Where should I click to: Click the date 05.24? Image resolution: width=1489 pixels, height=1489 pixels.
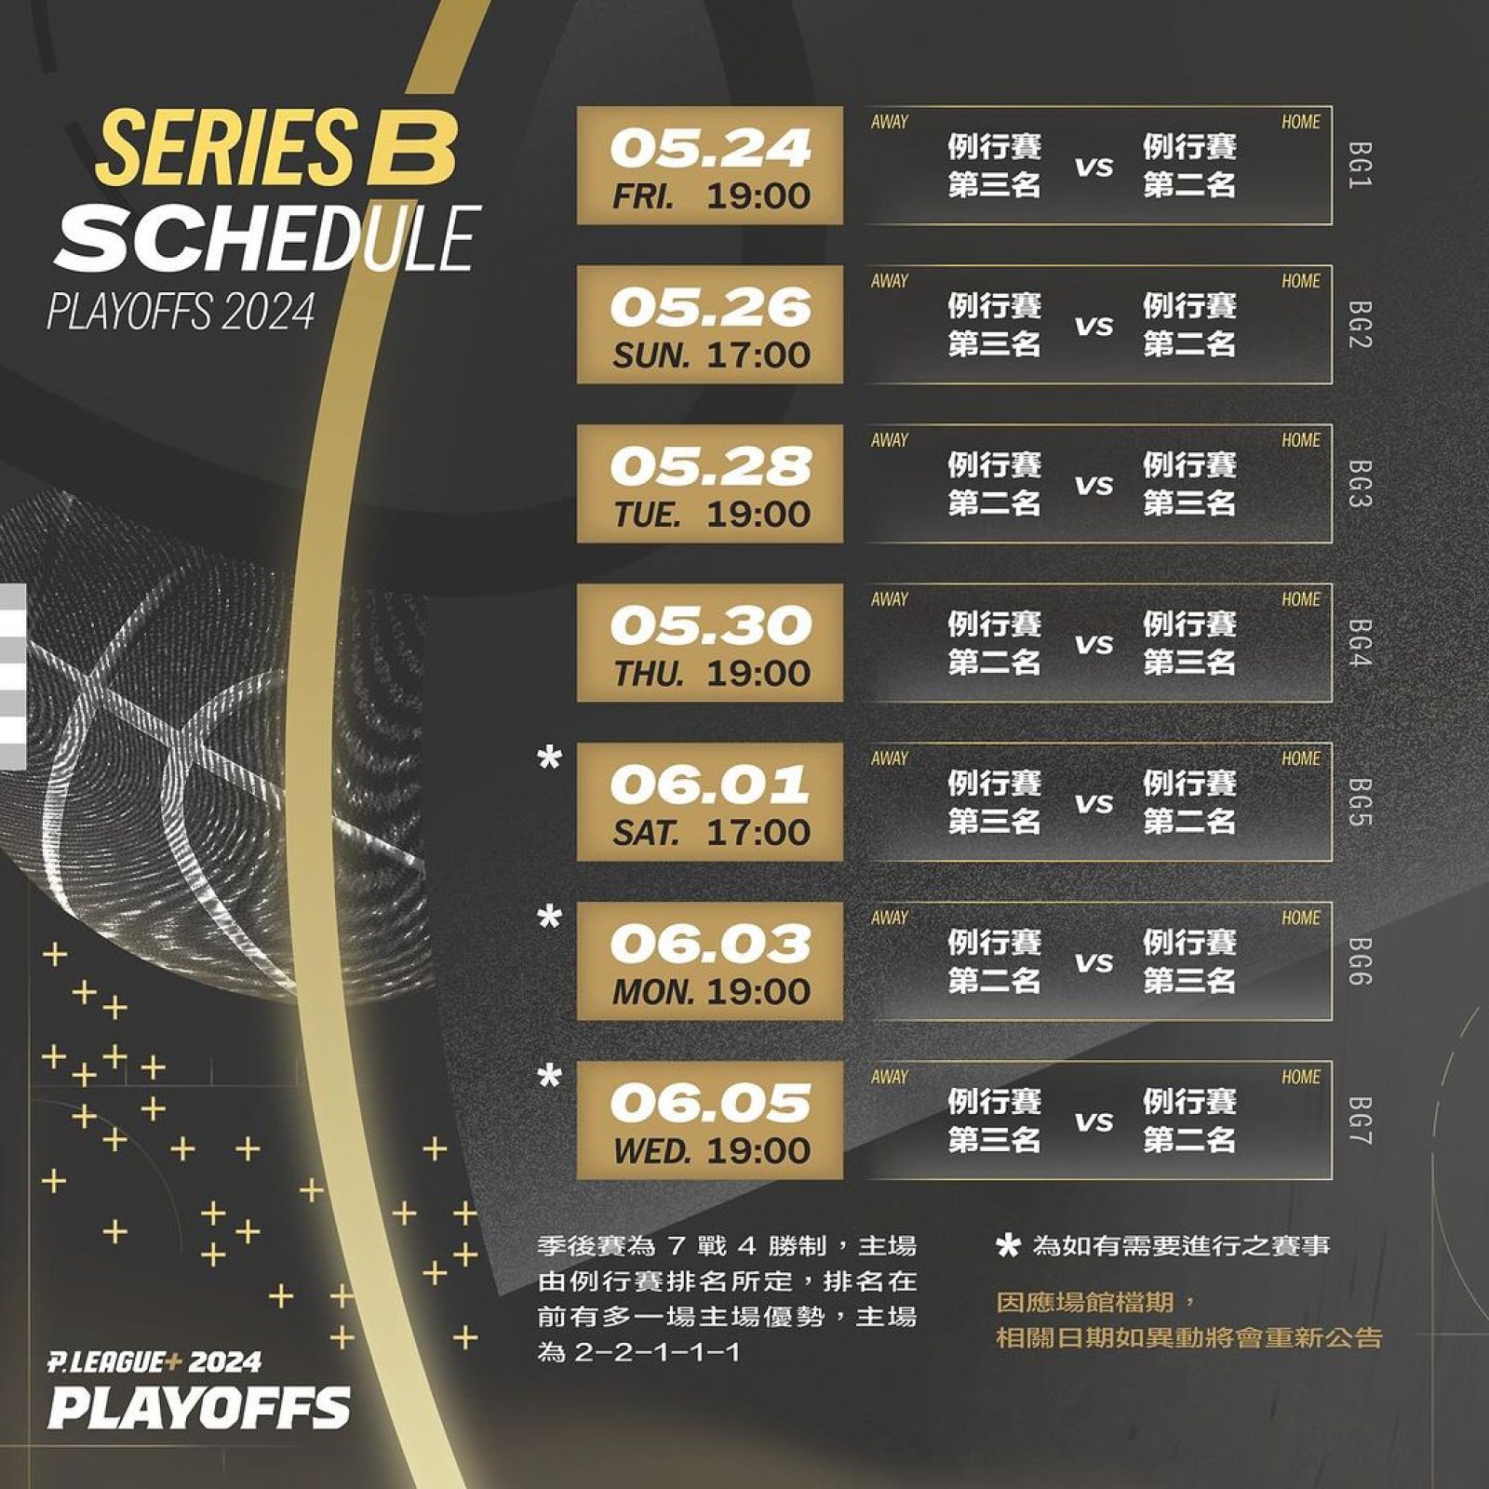pos(711,149)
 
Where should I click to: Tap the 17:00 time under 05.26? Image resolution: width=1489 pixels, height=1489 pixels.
pos(758,355)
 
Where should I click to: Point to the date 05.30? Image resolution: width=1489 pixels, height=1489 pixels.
pos(711,625)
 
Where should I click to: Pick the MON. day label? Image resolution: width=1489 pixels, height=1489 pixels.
pos(653,992)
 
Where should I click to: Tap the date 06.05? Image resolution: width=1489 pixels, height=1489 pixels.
pos(711,1103)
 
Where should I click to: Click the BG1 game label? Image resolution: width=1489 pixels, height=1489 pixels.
pos(1360,166)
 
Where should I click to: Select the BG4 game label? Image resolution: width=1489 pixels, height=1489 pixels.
pos(1360,643)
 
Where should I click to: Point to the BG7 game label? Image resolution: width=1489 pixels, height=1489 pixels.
pos(1360,1120)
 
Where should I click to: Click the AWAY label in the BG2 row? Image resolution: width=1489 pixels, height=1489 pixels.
pos(890,281)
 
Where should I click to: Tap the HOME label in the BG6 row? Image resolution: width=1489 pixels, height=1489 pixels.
pos(1300,919)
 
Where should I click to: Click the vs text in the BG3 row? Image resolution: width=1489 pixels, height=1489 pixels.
pos(1094,486)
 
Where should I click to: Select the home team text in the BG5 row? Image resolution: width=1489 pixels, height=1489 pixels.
pos(1189,802)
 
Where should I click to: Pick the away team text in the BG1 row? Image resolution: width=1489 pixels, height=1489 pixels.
pos(994,166)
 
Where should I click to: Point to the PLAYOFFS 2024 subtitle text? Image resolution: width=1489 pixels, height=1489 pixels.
pos(181,313)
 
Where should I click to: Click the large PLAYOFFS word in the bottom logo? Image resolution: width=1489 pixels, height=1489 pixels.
pos(200,1407)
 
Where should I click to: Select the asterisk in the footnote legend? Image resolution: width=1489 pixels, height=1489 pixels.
pos(1008,1246)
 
